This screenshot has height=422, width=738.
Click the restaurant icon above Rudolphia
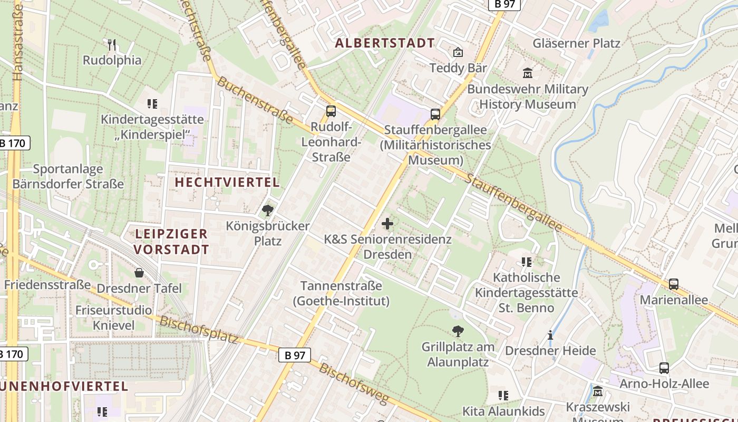(x=111, y=44)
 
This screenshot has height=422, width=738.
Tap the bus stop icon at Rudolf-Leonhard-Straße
(x=331, y=111)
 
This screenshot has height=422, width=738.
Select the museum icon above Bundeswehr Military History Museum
(x=527, y=73)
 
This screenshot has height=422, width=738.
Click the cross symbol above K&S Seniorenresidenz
(x=387, y=224)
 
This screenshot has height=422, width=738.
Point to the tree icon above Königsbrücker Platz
(x=268, y=210)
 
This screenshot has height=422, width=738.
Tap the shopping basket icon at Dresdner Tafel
(x=139, y=273)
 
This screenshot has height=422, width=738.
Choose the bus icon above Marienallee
(x=674, y=284)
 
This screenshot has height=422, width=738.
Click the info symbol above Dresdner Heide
(x=550, y=335)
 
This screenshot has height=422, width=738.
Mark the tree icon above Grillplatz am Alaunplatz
(x=458, y=331)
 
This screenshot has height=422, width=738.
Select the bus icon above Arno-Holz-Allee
(x=664, y=368)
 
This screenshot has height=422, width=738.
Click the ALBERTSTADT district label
(x=385, y=43)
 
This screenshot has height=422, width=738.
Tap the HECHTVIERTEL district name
(x=227, y=183)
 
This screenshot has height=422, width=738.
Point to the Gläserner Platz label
(x=577, y=43)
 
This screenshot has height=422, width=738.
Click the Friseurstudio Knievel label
(x=114, y=318)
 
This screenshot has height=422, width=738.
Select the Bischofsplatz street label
(x=199, y=330)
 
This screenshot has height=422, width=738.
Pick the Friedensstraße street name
(x=48, y=285)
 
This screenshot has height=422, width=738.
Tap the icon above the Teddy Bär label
(x=458, y=52)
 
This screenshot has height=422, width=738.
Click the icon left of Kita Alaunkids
(x=503, y=395)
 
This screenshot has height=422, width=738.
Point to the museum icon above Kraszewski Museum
(x=598, y=392)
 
